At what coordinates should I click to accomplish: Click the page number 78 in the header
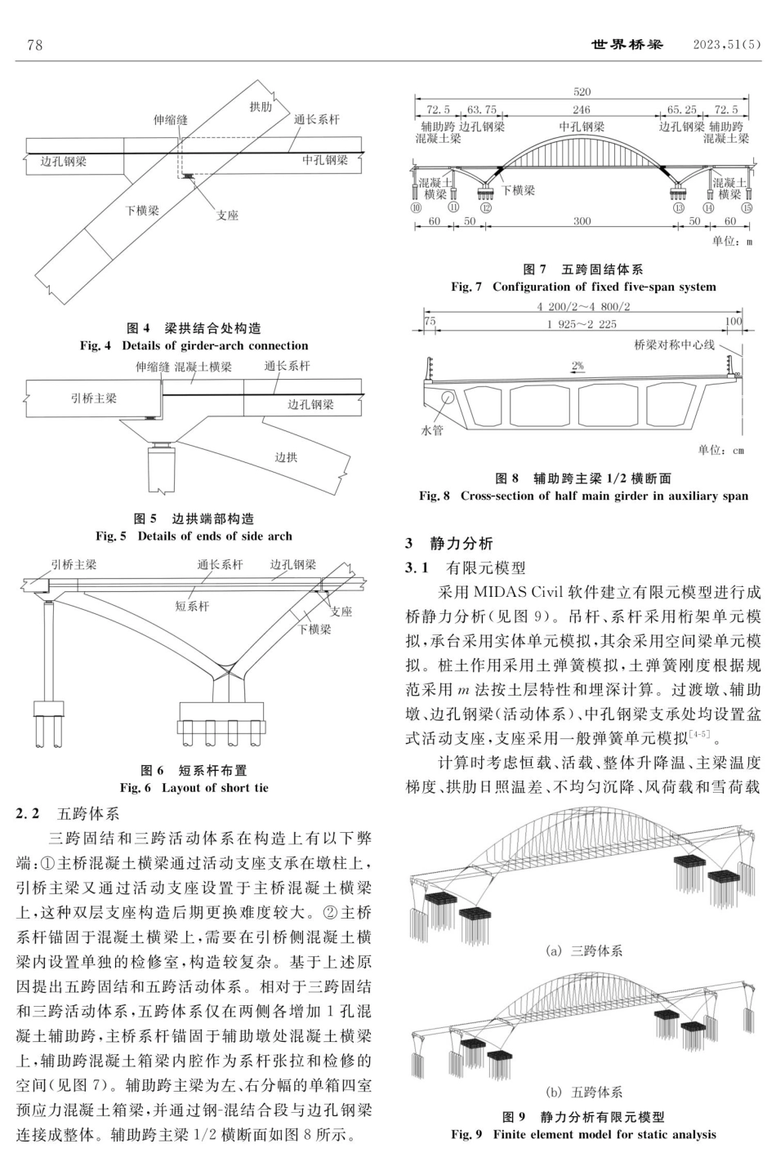pos(34,45)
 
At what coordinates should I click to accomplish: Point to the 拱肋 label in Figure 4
pos(261,107)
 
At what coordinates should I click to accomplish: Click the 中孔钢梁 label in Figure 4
pos(325,160)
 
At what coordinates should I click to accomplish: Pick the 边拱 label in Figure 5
pos(286,457)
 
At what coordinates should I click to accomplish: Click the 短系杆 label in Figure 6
pos(192,607)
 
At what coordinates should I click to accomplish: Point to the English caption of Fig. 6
pos(194,788)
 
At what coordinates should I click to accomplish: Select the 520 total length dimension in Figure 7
pos(582,92)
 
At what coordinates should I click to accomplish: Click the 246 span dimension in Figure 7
pos(582,109)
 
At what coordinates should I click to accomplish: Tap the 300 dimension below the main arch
pos(582,222)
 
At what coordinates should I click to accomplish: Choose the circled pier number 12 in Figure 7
pos(487,207)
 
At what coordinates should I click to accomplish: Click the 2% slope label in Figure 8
pos(578,367)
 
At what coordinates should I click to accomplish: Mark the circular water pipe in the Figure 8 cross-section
pos(448,398)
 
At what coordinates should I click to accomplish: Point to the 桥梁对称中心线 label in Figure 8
pos(674,345)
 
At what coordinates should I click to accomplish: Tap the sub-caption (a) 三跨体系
pos(583,951)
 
